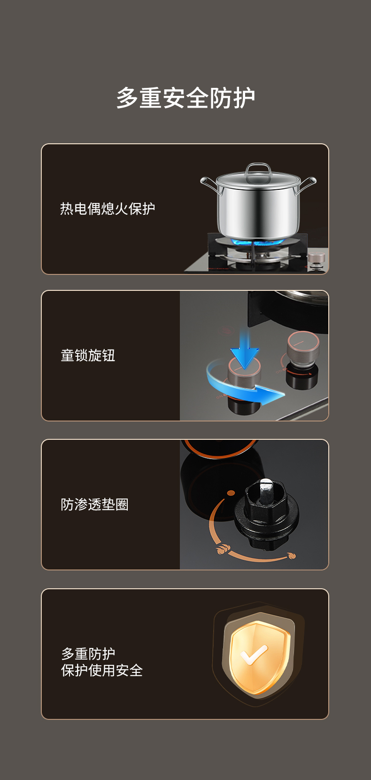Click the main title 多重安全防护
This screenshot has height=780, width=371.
185,98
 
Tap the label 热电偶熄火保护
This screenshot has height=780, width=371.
108,209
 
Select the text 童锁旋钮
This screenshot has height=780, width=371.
88,356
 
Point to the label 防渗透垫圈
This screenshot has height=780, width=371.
95,505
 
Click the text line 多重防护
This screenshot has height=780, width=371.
88,654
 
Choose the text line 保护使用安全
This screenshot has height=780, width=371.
101,671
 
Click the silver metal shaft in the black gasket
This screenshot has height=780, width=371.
266,490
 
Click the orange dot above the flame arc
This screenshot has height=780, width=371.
231,493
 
